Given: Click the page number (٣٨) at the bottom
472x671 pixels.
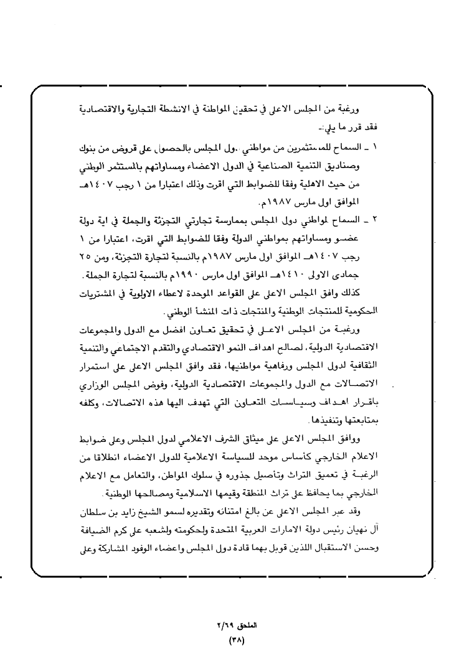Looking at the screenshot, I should click(x=237, y=639).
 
